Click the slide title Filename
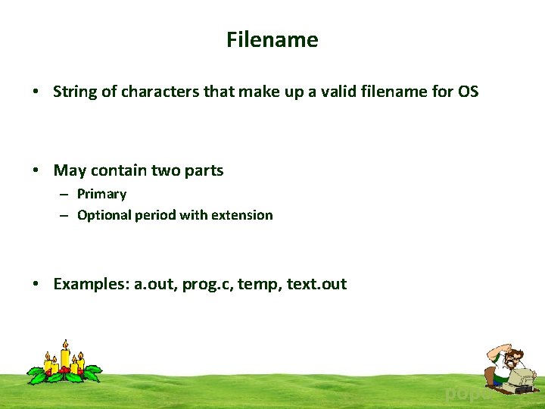(272, 39)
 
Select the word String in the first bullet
(76, 92)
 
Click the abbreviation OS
(468, 92)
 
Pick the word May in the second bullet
(70, 170)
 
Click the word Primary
(101, 194)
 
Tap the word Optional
(104, 215)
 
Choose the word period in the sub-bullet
(155, 215)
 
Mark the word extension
(241, 215)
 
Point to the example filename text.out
(316, 284)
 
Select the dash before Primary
(66, 195)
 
